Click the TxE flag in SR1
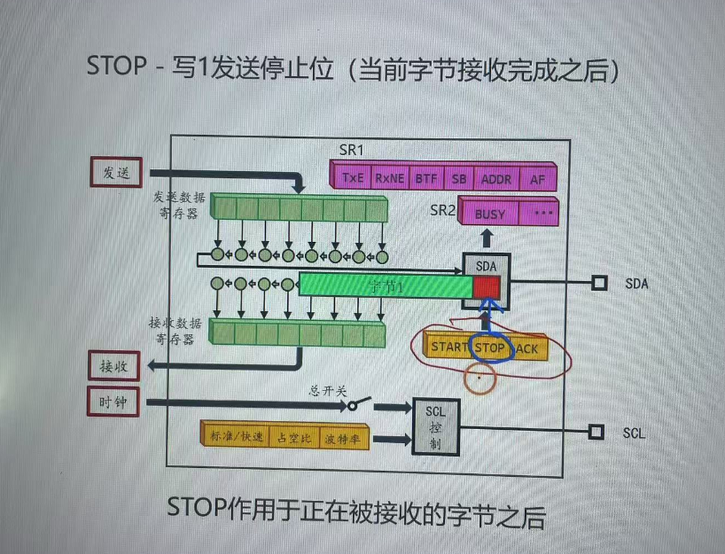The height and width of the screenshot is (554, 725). tap(352, 177)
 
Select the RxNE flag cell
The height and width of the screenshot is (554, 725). tap(389, 177)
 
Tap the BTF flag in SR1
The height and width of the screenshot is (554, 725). tap(426, 177)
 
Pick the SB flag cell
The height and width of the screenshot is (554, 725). tap(458, 177)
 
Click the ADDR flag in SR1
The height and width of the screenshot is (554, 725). tap(496, 177)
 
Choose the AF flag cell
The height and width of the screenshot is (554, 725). tap(537, 177)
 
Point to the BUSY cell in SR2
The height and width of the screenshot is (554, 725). tap(490, 214)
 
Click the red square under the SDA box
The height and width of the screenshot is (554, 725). tap(486, 286)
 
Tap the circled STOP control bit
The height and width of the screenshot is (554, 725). tap(489, 347)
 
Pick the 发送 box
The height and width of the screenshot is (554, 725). tap(117, 172)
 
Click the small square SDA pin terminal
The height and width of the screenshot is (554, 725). tap(599, 283)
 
